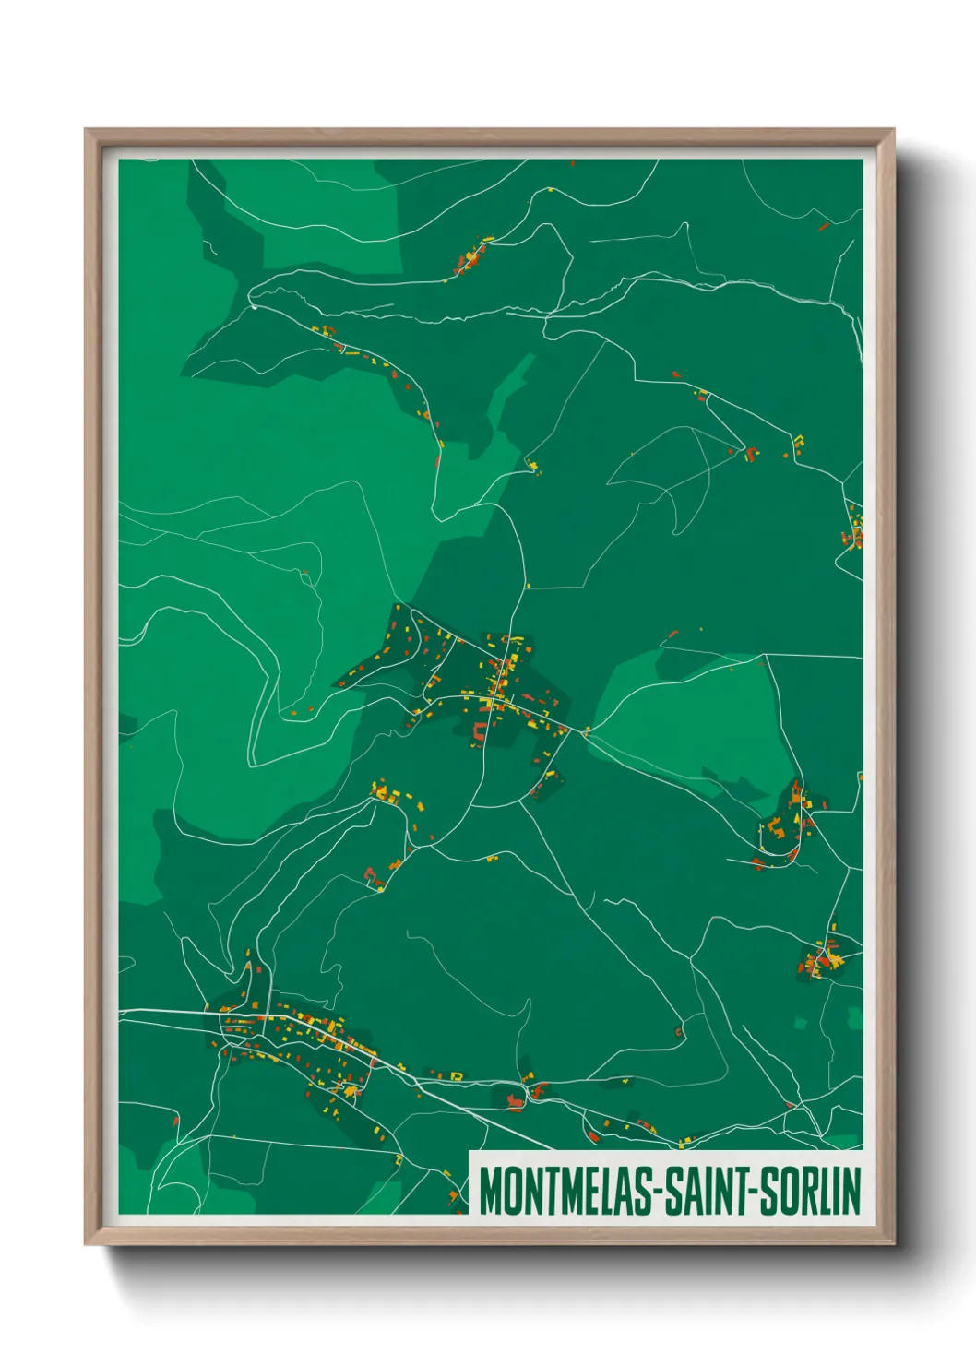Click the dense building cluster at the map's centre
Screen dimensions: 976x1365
(503, 682)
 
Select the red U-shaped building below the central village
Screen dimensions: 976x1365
(480, 733)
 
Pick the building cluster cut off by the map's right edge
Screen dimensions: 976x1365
(855, 530)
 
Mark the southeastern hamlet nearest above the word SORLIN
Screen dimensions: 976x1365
(821, 959)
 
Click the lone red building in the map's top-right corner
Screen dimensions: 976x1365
(824, 225)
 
